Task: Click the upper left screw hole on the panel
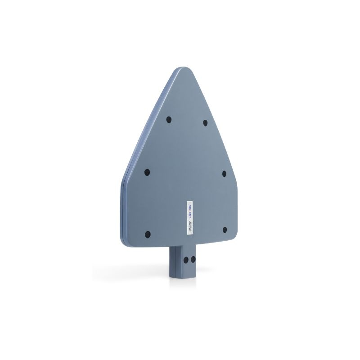pos(169,120)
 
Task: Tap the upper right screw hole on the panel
pos(205,122)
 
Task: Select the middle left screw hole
pos(147,172)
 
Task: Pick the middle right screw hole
pos(224,173)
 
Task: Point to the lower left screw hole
pos(148,234)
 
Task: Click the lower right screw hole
pos(225,229)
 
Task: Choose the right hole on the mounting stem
pos(193,260)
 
